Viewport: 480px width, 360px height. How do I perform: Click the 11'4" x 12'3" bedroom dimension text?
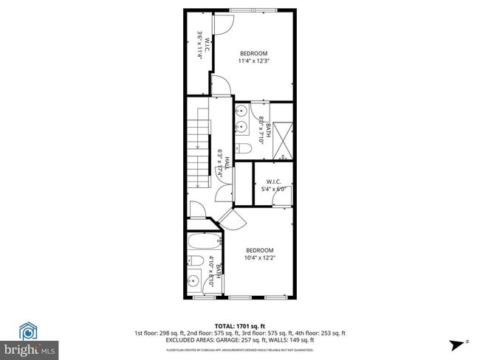pyautogui.click(x=253, y=61)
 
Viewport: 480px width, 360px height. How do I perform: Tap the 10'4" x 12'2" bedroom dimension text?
pyautogui.click(x=260, y=257)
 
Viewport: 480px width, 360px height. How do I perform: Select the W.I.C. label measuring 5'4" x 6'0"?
pyautogui.click(x=273, y=189)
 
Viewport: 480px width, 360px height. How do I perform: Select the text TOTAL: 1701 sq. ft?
pyautogui.click(x=240, y=325)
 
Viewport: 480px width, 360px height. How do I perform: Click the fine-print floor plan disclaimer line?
pyautogui.click(x=240, y=349)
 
